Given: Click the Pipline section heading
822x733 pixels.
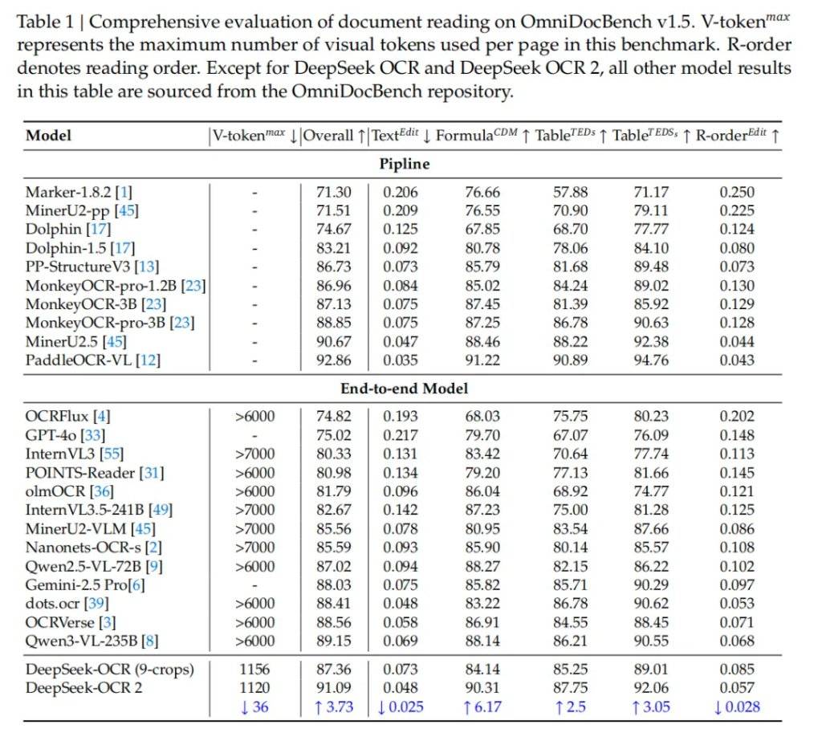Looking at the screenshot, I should [404, 164].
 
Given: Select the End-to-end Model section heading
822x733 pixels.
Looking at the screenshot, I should [404, 389].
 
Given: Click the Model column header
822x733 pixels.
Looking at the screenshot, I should [48, 136].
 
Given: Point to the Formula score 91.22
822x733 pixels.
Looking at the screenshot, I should [481, 360].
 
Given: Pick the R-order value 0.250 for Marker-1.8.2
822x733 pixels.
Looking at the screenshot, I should [736, 193].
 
